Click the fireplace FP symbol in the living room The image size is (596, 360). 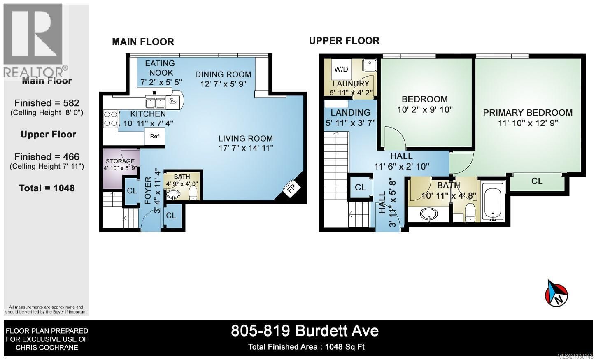293,189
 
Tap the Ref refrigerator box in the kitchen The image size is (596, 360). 154,136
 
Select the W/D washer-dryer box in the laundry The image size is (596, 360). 341,69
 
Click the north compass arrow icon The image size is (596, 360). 556,293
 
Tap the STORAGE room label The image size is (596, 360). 120,161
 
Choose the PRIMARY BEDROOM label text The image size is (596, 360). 528,112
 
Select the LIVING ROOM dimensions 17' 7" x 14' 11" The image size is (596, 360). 246,148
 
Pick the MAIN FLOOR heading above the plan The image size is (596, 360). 143,42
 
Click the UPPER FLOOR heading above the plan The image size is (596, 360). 344,41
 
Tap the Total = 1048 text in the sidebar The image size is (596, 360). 47,188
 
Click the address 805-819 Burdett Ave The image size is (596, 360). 305,330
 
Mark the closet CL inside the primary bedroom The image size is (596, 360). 537,181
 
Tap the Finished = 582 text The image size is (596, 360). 47,103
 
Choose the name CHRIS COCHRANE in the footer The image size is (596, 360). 47,348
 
